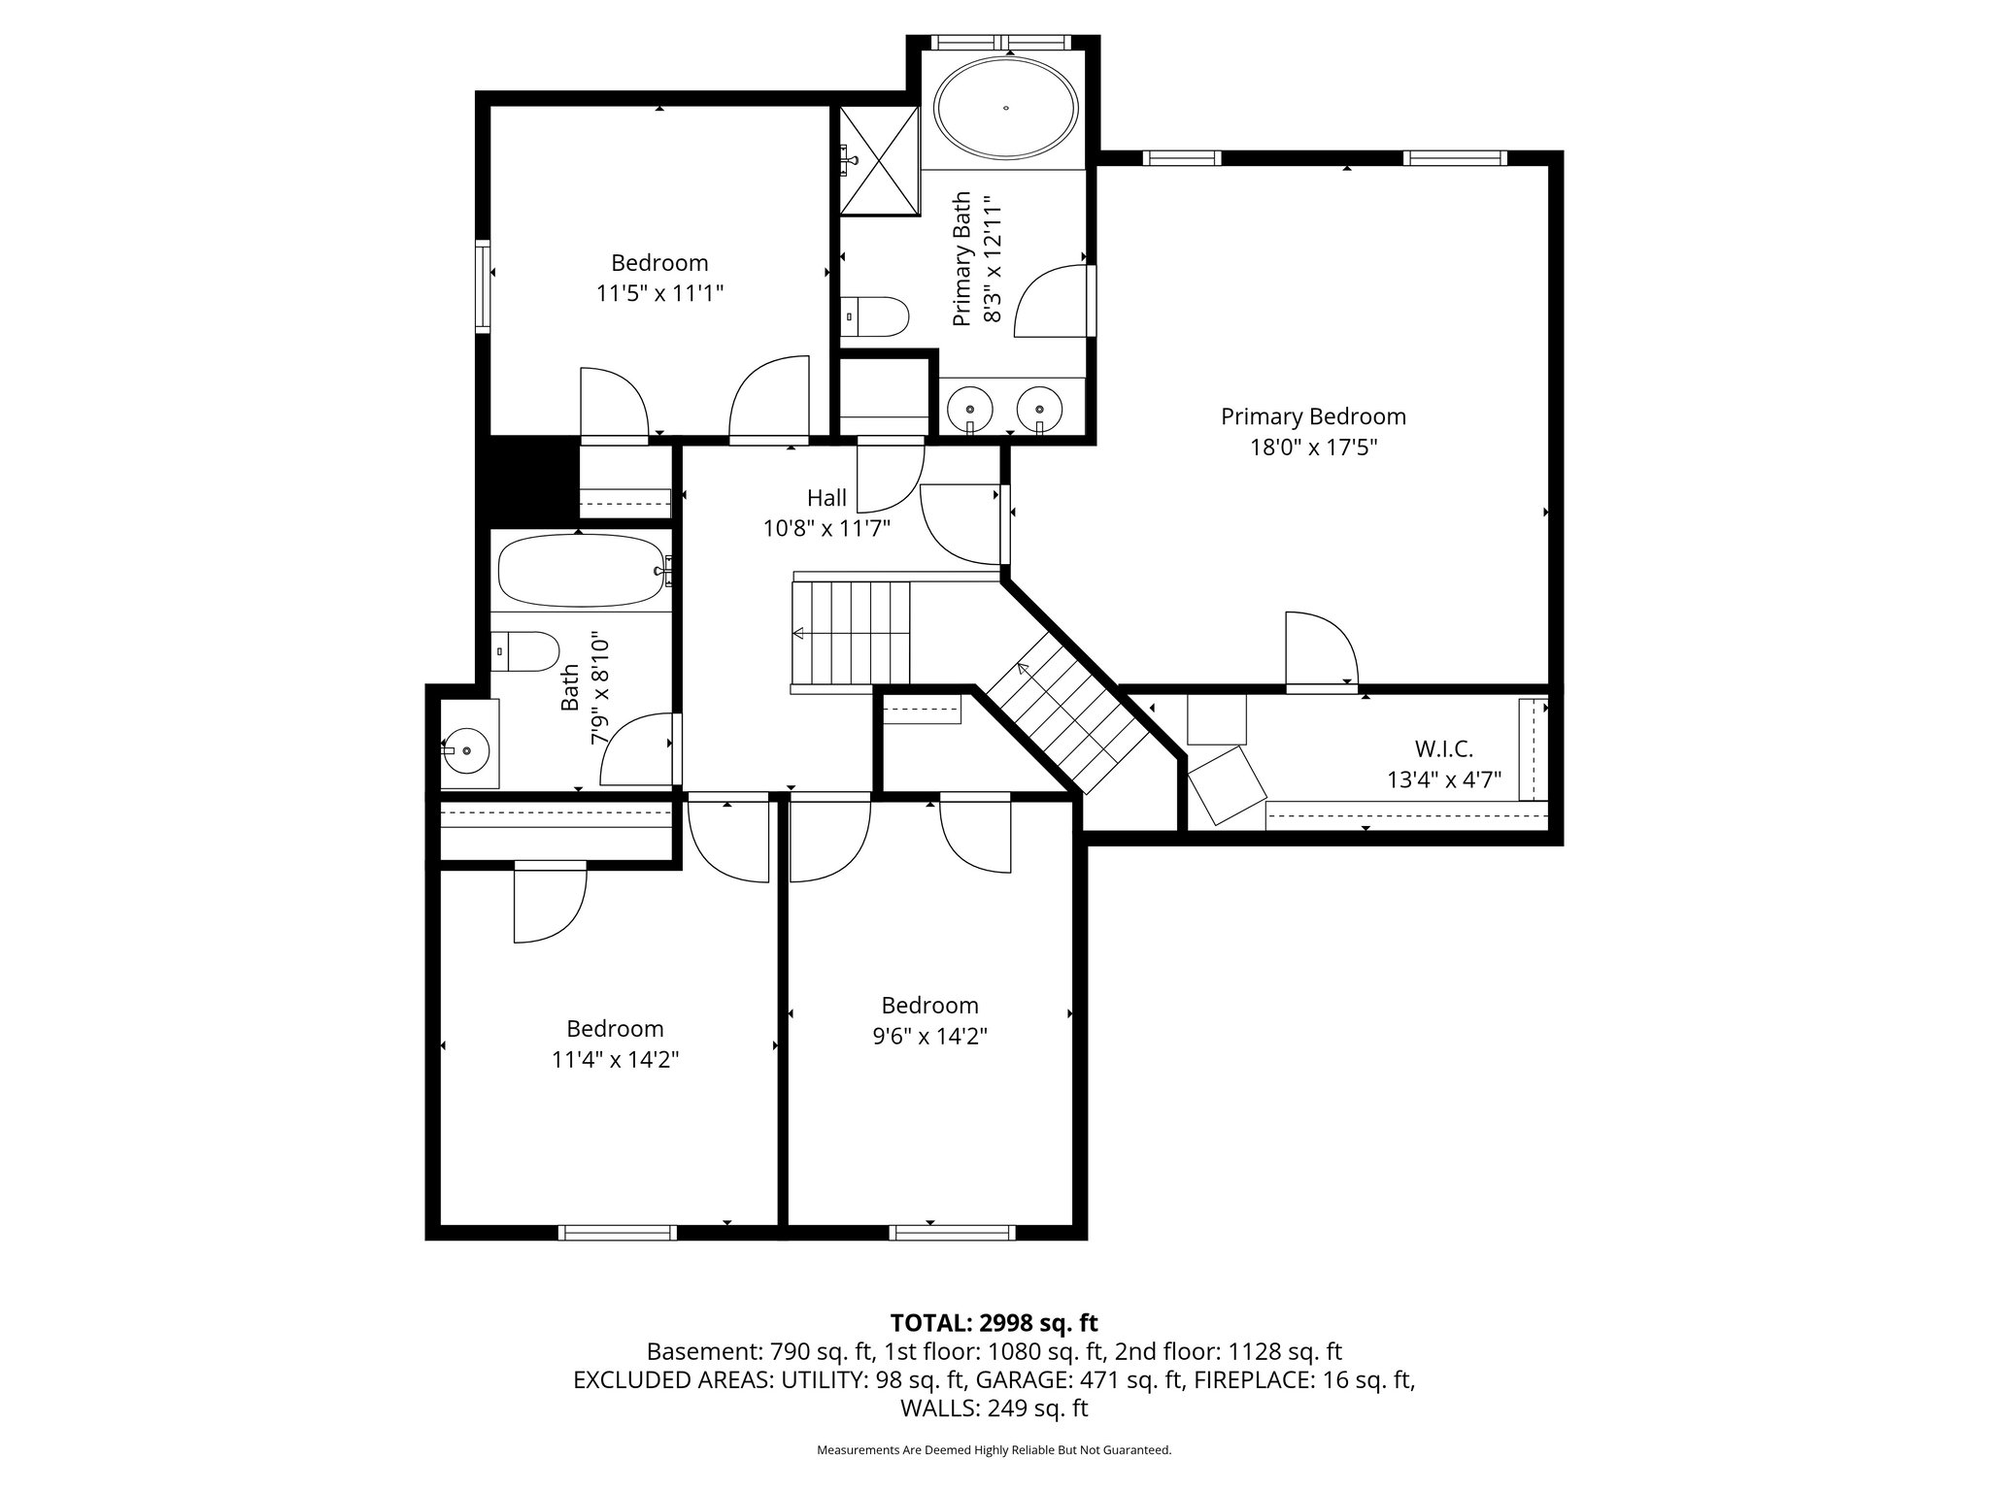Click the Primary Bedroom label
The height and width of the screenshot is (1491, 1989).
pos(1313,416)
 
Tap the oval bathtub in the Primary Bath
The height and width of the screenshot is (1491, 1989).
pos(1005,108)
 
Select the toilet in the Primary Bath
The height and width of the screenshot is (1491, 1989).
pos(874,316)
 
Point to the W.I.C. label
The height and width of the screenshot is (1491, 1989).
pos(1443,749)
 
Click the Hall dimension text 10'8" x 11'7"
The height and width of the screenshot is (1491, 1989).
pos(826,529)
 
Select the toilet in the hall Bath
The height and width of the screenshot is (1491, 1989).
pos(524,651)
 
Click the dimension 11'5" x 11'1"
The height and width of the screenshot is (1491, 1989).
pos(660,293)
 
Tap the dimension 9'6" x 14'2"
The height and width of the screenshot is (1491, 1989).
pos(929,1037)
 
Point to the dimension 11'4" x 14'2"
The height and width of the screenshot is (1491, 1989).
pos(615,1060)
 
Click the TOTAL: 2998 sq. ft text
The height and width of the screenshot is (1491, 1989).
pos(994,1322)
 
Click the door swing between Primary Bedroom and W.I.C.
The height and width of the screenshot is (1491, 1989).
pos(1322,648)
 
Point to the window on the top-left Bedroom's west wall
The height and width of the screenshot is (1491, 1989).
pos(483,286)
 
